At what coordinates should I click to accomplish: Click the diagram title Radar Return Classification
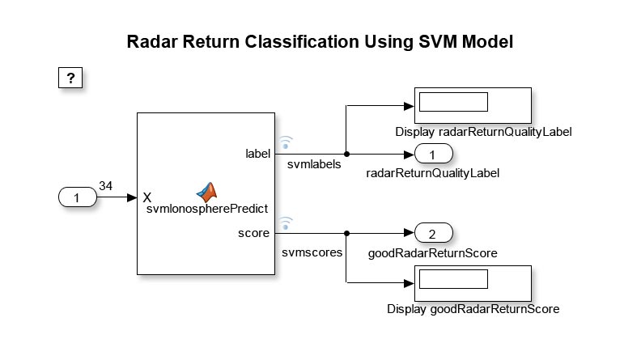pyautogui.click(x=320, y=43)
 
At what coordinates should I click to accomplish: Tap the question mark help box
pyautogui.click(x=71, y=78)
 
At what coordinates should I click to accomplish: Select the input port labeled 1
pyautogui.click(x=77, y=197)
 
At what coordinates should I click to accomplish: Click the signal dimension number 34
pyautogui.click(x=105, y=185)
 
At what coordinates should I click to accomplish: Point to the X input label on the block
pyautogui.click(x=147, y=197)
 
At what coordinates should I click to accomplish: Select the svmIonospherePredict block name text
pyautogui.click(x=207, y=208)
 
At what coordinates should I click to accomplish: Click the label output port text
pyautogui.click(x=258, y=153)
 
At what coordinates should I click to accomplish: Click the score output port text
pyautogui.click(x=257, y=234)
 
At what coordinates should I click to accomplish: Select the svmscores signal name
pyautogui.click(x=312, y=252)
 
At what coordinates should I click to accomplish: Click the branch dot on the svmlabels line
pyautogui.click(x=346, y=153)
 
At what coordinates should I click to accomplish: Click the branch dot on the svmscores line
pyautogui.click(x=346, y=234)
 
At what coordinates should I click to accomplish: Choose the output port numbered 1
pyautogui.click(x=432, y=154)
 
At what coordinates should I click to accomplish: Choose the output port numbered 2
pyautogui.click(x=432, y=235)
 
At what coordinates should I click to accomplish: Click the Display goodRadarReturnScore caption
pyautogui.click(x=473, y=309)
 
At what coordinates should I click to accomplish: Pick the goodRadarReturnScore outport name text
pyautogui.click(x=432, y=253)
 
